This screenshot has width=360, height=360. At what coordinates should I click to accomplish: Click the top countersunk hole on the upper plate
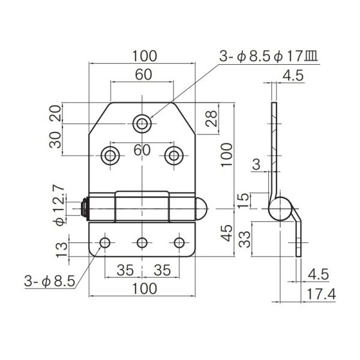(142, 124)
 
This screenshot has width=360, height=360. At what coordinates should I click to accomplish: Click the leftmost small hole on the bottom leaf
(105, 243)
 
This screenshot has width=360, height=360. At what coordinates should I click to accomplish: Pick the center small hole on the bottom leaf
(142, 243)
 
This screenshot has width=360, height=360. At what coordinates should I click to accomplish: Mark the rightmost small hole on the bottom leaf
(179, 243)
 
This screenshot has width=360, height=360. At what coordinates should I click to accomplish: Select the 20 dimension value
(55, 113)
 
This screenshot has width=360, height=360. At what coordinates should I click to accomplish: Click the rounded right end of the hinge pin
(202, 209)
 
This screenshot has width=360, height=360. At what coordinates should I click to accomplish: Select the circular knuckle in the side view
(278, 210)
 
